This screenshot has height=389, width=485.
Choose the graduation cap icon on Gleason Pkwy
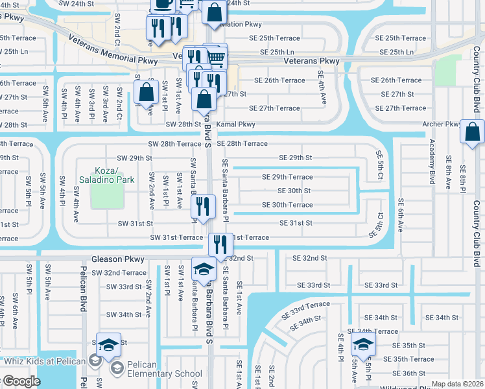(204, 270)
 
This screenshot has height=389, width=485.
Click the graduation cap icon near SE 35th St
(363, 344)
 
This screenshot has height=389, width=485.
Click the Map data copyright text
(457, 384)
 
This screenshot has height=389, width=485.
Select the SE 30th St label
(294, 191)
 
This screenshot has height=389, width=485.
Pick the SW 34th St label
(123, 314)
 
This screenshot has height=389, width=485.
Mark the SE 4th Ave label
(323, 89)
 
